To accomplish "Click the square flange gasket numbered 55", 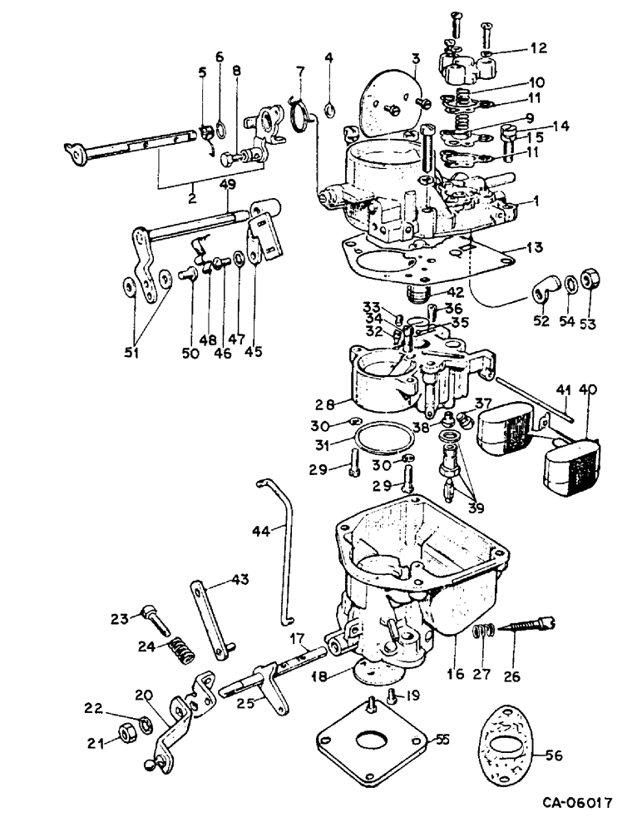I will (372, 742).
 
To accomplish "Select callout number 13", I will (526, 246).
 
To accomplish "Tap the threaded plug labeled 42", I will (417, 294).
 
